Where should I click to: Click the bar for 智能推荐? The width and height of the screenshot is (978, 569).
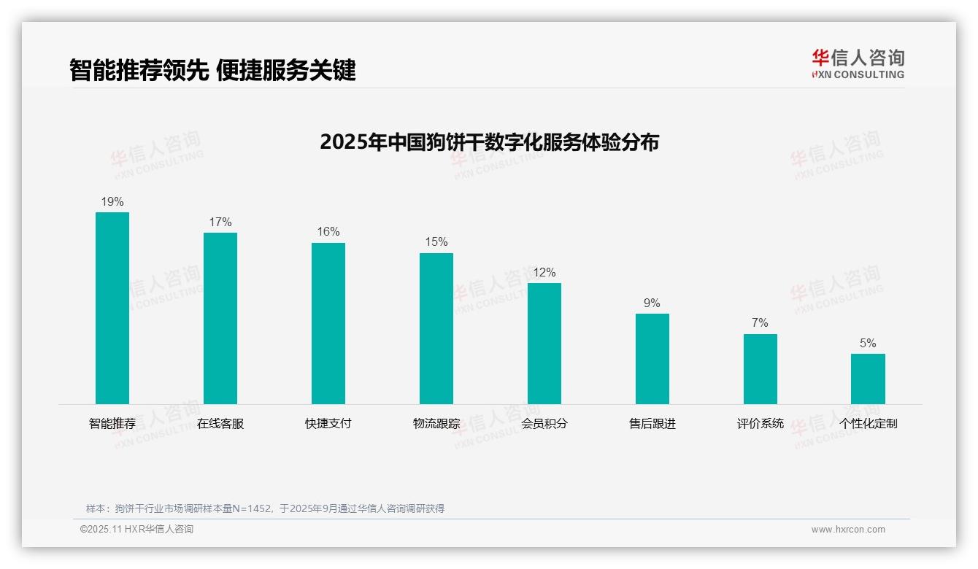(112, 308)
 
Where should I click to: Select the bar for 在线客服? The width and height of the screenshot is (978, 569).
(220, 318)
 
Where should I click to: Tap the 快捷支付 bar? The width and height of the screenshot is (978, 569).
(328, 323)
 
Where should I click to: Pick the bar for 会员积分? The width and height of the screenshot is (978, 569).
(544, 343)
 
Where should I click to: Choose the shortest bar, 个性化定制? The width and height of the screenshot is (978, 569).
(868, 379)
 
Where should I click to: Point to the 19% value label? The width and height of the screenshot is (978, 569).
(112, 202)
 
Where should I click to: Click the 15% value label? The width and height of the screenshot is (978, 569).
(436, 242)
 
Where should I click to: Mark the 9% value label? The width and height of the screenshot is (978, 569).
(652, 303)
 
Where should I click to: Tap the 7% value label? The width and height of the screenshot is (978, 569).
(760, 323)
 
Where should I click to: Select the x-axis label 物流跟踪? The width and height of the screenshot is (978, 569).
(436, 424)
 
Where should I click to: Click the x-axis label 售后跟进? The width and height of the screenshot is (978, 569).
(652, 424)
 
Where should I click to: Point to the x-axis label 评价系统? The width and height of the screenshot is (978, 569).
(760, 424)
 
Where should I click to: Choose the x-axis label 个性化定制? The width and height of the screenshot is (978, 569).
(868, 424)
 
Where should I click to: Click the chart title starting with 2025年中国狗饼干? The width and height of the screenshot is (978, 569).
(489, 142)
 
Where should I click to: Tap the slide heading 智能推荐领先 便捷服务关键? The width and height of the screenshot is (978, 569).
(212, 70)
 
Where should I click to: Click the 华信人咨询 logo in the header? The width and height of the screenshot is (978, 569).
(858, 64)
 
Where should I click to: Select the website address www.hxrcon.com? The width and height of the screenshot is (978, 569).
(848, 530)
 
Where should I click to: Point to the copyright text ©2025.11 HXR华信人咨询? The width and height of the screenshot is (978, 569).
(136, 530)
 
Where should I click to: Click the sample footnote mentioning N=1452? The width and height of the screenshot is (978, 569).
(265, 508)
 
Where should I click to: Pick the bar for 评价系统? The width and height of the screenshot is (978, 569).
(760, 369)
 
